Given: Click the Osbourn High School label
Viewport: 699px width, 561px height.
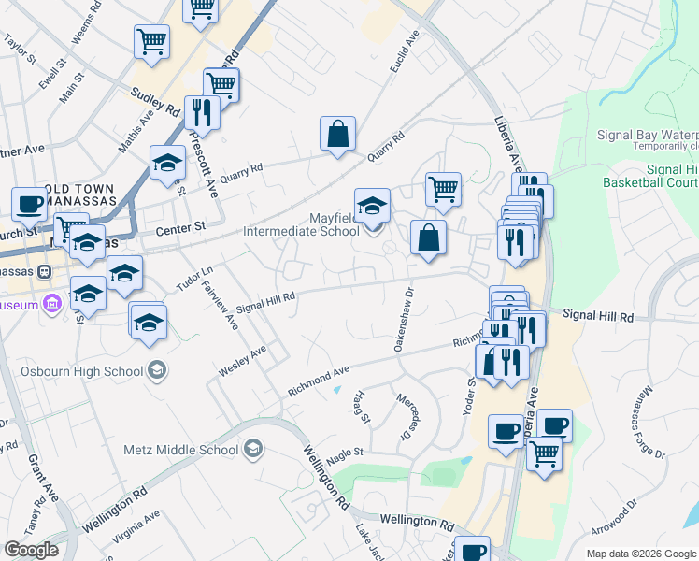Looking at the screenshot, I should [82, 371].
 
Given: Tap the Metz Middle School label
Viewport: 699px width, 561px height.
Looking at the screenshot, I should [181, 450].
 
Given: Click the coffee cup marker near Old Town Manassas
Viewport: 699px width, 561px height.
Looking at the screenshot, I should [29, 205].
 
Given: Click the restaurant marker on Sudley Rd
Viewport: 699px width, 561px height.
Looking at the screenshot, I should [202, 113].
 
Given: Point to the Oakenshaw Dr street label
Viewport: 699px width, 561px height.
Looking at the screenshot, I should [408, 319].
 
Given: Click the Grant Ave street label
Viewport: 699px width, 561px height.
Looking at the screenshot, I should [43, 478].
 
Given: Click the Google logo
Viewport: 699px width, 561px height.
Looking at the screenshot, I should [31, 550].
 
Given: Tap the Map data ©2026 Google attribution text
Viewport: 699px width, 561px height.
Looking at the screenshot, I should [641, 554].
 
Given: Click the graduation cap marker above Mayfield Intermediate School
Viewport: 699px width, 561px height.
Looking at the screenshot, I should [372, 206].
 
